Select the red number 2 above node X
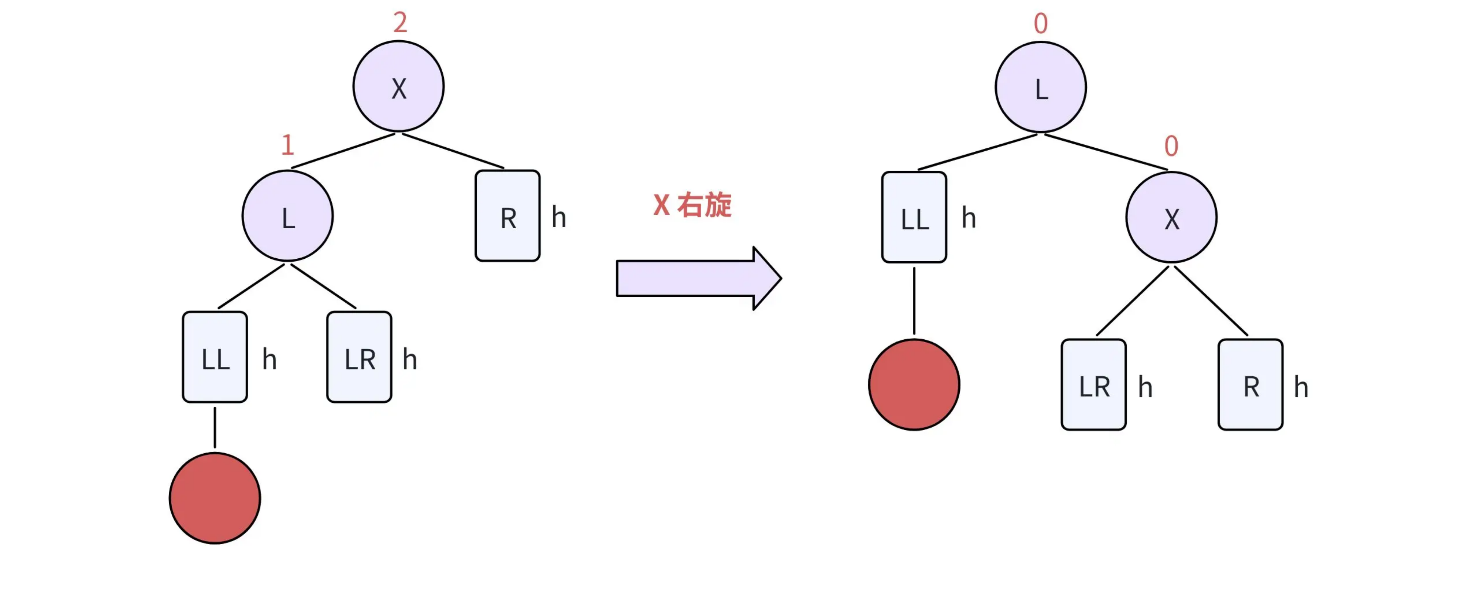tap(400, 22)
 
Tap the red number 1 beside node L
tap(288, 145)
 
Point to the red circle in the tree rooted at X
tap(215, 498)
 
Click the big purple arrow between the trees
tap(699, 278)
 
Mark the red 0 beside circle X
tap(1171, 146)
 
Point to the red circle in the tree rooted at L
tap(914, 384)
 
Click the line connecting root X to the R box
tap(453, 151)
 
